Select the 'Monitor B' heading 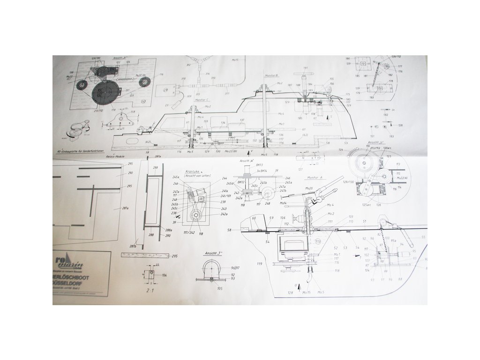click(272, 75)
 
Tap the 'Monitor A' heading click(315, 178)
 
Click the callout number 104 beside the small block click(165, 275)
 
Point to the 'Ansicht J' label click(212, 253)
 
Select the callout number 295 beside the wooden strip click(175, 256)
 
